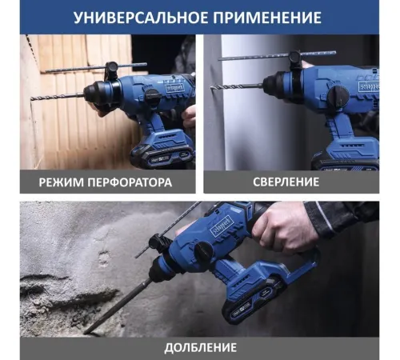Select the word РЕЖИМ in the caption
(x=62, y=182)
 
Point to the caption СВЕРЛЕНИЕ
(x=286, y=182)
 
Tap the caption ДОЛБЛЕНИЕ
(x=201, y=348)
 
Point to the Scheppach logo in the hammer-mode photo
(x=175, y=88)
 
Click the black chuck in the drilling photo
(x=274, y=85)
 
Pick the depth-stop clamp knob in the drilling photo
(x=295, y=58)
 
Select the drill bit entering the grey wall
(x=237, y=87)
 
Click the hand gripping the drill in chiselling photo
(x=285, y=226)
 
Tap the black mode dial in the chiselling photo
(x=203, y=250)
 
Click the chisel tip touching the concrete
(x=85, y=333)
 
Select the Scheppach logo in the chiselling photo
(x=220, y=228)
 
